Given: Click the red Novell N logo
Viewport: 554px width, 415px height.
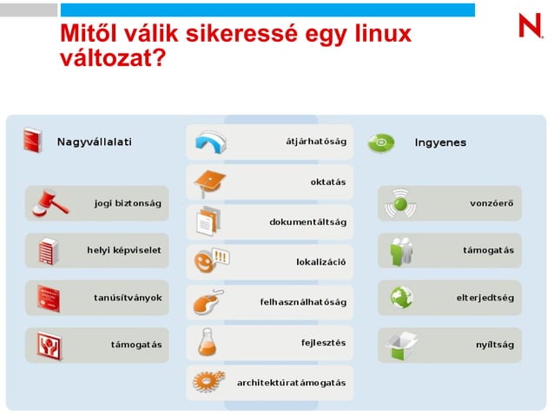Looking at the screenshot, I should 531,25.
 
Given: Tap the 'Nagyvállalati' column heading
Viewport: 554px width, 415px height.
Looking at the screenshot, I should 95,142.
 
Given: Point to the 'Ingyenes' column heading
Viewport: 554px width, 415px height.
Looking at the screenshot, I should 440,142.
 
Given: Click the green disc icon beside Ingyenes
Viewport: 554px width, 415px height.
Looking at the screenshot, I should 381,142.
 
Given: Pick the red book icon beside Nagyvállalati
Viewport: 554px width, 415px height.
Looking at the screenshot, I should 33,141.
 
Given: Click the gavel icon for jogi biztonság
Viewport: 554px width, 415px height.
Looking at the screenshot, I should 49,202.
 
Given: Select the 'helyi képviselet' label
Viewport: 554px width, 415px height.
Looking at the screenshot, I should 123,250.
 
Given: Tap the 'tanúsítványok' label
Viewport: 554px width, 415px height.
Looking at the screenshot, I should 128,298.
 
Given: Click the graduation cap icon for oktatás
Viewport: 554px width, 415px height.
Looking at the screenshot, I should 209,182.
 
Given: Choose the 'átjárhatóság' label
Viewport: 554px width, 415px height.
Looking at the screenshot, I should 316,142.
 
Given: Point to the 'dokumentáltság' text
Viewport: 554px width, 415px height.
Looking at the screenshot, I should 307,222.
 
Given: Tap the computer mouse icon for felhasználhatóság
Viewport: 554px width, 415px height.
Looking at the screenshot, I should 209,301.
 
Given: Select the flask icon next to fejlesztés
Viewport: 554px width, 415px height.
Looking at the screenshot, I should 208,342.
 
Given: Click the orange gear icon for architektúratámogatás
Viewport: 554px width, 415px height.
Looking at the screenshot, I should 209,381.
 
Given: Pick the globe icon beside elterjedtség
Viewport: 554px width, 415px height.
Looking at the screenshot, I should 400,298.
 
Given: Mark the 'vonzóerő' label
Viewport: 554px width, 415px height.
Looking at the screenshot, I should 491,203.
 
